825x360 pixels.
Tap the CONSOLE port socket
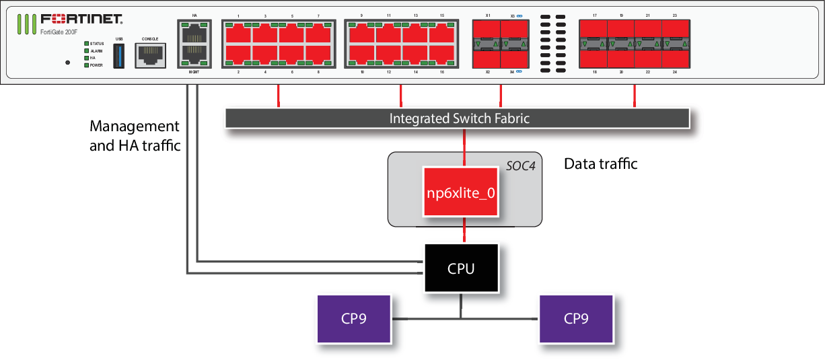pyautogui.click(x=150, y=55)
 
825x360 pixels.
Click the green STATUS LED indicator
pyautogui.click(x=86, y=44)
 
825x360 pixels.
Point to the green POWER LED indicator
pyautogui.click(x=86, y=65)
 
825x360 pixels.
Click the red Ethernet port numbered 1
pyautogui.click(x=238, y=33)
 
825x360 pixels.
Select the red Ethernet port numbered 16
pyautogui.click(x=442, y=55)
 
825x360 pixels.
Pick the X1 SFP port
pyautogui.click(x=487, y=32)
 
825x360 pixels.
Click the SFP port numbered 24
pyautogui.click(x=675, y=56)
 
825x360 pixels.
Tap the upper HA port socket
pyautogui.click(x=194, y=32)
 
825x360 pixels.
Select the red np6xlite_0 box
pyautogui.click(x=461, y=192)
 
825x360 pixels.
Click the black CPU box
pyautogui.click(x=461, y=268)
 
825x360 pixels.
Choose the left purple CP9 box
pyautogui.click(x=353, y=318)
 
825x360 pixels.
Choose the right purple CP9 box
pyautogui.click(x=576, y=318)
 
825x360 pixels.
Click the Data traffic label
pyautogui.click(x=600, y=164)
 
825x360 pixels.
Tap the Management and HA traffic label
pyautogui.click(x=135, y=135)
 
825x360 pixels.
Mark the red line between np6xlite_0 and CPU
pyautogui.click(x=461, y=230)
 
